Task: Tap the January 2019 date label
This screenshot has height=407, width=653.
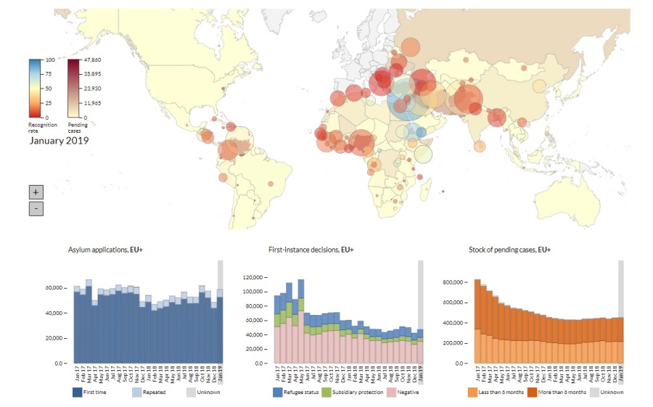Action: [x=59, y=140]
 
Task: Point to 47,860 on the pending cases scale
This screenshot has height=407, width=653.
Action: [x=91, y=59]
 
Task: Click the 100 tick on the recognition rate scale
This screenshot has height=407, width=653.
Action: [x=50, y=59]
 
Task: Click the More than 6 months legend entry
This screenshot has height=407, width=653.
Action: [x=564, y=392]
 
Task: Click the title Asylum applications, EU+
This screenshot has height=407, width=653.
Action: [x=107, y=250]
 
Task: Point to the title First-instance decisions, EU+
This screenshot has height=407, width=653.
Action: [x=311, y=250]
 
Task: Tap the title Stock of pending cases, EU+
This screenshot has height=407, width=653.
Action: [x=510, y=250]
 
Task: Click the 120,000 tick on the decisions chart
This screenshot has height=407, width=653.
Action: [x=255, y=277]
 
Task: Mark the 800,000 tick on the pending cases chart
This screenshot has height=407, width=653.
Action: [x=456, y=281]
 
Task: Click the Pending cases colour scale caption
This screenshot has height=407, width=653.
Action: [x=78, y=128]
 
